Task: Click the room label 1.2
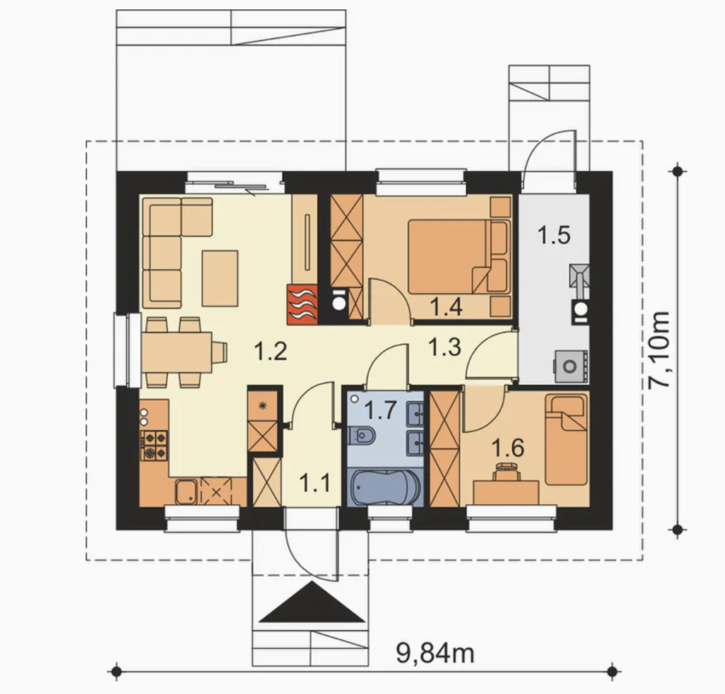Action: pos(271,351)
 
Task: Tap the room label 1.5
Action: pos(554,235)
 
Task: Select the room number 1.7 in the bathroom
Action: pos(380,410)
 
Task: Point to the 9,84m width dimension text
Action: pos(435,654)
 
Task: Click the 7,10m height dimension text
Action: pos(659,350)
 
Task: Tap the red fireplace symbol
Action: pos(302,303)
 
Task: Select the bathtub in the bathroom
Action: pos(385,487)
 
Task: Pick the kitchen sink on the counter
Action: pos(186,492)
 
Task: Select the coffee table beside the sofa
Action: pos(220,279)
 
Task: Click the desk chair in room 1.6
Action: pos(507,472)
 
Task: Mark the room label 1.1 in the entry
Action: pos(314,483)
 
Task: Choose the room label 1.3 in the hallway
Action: pos(445,347)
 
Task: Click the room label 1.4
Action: pos(446,306)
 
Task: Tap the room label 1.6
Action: pos(508,448)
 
